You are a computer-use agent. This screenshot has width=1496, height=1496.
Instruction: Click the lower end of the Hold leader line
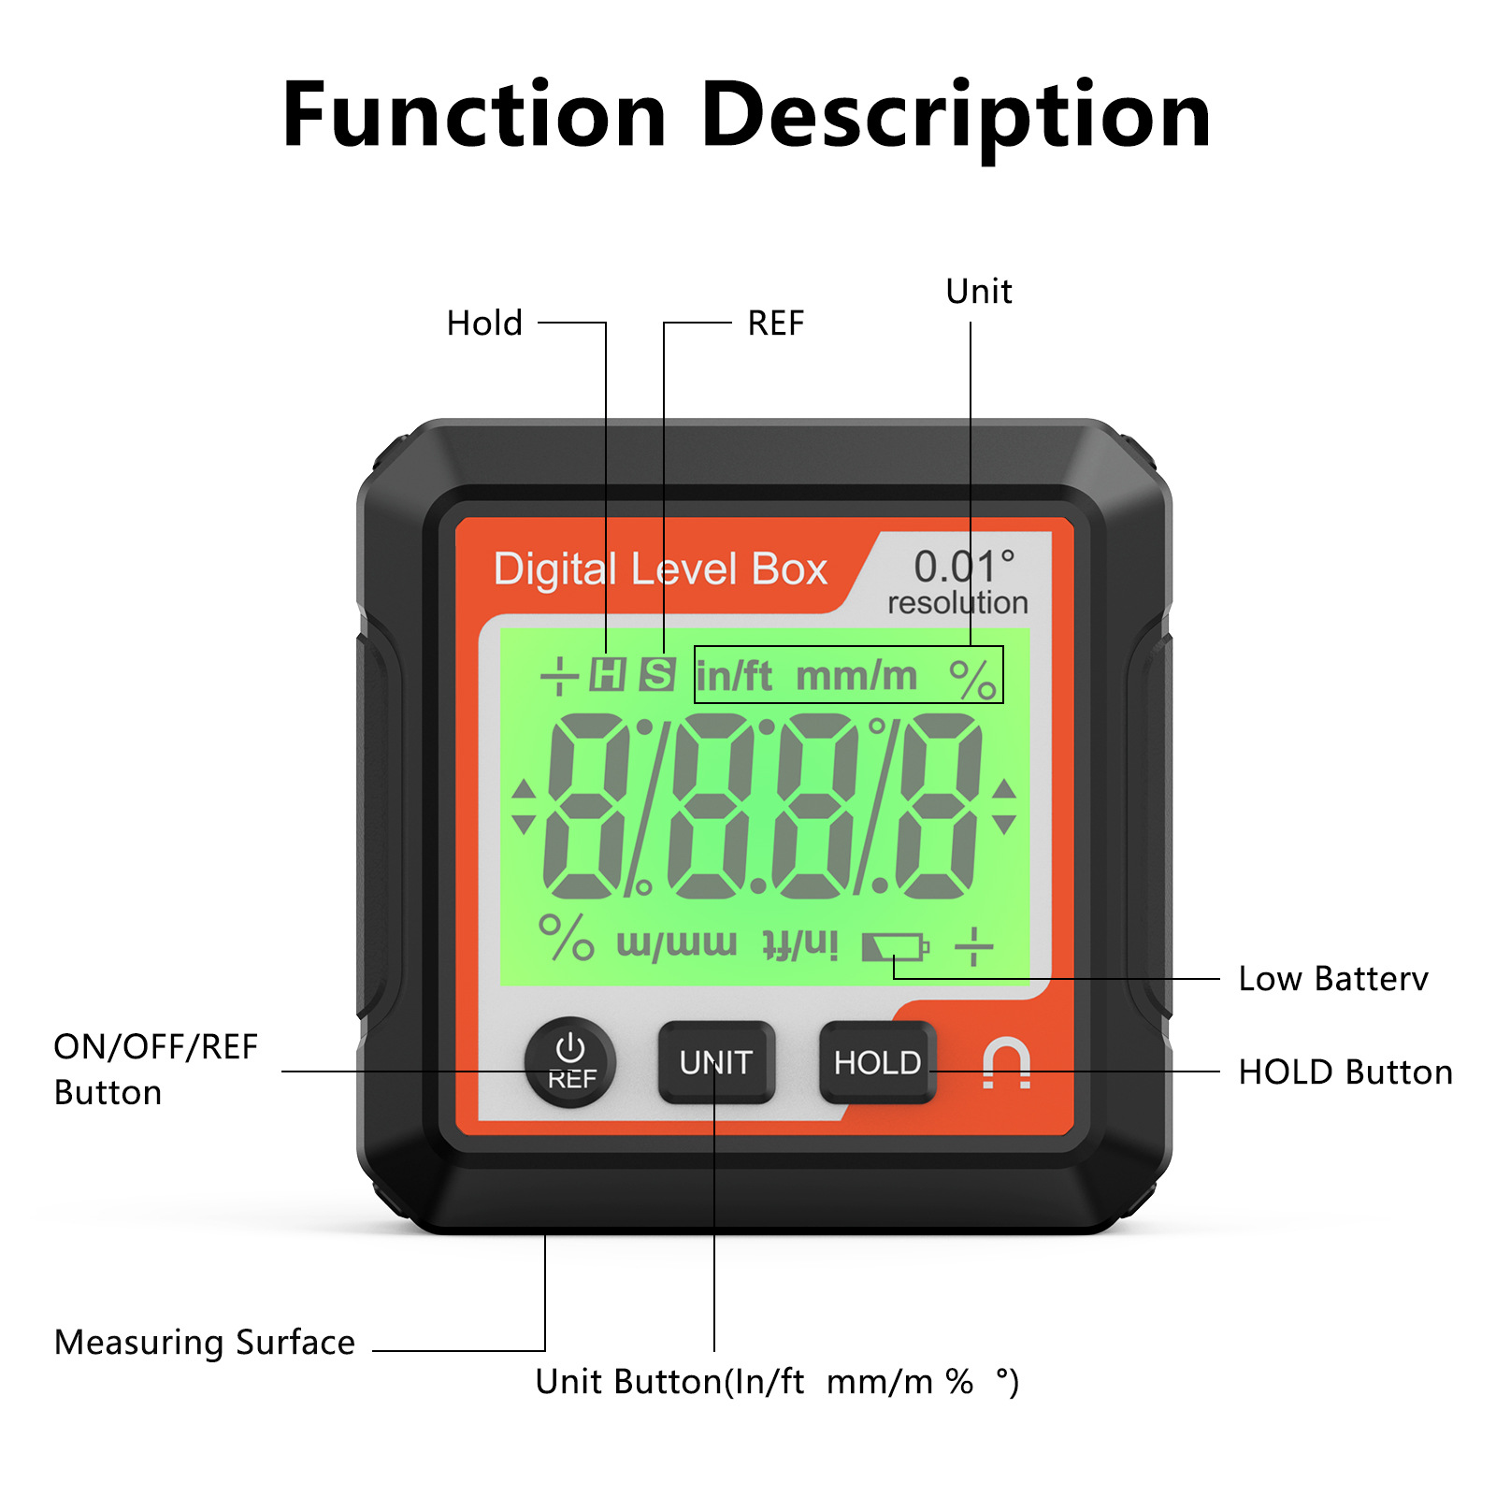[606, 654]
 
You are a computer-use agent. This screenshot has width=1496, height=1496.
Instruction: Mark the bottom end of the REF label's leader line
[664, 654]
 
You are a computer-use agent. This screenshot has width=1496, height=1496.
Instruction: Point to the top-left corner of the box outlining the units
[695, 646]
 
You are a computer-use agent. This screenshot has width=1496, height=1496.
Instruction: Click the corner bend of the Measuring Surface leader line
[545, 1350]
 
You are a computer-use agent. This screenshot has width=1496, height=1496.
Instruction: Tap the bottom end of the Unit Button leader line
[714, 1350]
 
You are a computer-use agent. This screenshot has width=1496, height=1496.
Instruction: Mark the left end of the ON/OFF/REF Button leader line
[282, 1072]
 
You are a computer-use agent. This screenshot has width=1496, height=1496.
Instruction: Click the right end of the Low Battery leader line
[1219, 979]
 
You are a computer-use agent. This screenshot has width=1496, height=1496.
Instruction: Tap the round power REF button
[570, 1062]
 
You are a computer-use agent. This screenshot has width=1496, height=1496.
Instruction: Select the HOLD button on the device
[877, 1062]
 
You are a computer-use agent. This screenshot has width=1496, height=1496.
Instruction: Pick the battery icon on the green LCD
[895, 947]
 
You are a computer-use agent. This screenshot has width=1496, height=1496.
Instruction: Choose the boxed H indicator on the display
[608, 673]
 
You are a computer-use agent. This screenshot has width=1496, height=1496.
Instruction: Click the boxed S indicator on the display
[657, 673]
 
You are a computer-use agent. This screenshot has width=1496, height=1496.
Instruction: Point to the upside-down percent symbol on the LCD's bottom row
[566, 937]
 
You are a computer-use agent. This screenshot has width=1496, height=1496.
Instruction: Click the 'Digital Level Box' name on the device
[660, 569]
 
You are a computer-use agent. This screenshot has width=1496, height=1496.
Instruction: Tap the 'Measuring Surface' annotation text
[205, 1343]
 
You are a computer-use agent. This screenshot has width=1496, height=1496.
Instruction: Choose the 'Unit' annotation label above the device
[979, 292]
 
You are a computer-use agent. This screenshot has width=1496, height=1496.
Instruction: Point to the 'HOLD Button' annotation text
[1345, 1072]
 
